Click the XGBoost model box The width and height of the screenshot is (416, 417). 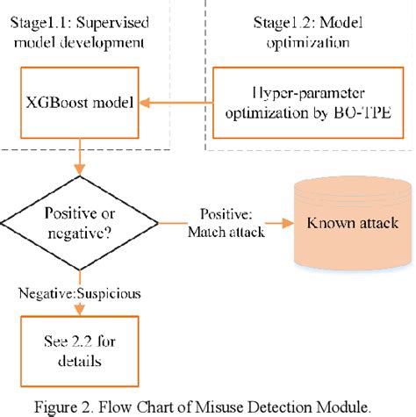pos(80,104)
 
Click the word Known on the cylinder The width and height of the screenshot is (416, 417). pos(326,224)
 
